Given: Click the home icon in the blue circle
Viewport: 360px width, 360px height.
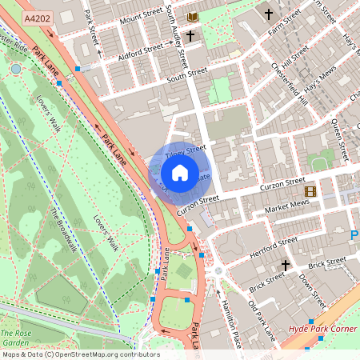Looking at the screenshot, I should point(180,173).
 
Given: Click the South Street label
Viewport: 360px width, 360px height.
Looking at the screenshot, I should point(187,75).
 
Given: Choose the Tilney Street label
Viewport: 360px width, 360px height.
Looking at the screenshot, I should point(186,149).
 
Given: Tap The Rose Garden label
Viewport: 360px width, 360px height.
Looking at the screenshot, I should point(16,337).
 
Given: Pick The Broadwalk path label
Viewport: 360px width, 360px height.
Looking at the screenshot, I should point(65,231).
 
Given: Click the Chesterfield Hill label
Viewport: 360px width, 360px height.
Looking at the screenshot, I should point(289,83).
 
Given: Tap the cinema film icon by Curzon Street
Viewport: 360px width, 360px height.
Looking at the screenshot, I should point(310,191).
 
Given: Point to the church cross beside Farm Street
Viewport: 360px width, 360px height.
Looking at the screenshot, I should point(269,14).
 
